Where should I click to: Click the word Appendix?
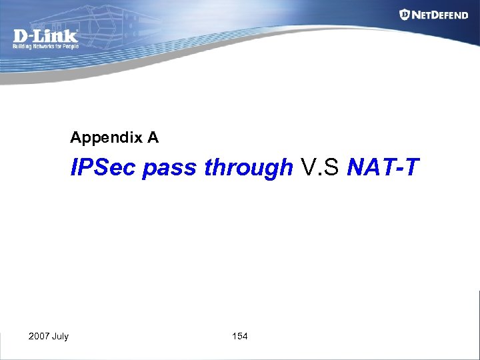pyautogui.click(x=105, y=138)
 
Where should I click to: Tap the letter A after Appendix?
pyautogui.click(x=153, y=137)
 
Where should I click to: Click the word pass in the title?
pyautogui.click(x=170, y=169)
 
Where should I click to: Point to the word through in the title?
pyautogui.click(x=248, y=169)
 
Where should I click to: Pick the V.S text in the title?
pyautogui.click(x=321, y=168)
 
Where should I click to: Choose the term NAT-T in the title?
pyautogui.click(x=383, y=168)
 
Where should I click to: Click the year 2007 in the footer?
pyautogui.click(x=39, y=336)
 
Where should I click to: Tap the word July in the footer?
pyautogui.click(x=61, y=336)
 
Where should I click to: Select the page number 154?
pyautogui.click(x=240, y=336)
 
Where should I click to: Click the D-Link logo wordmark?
pyautogui.click(x=45, y=37)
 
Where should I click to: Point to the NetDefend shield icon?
pyautogui.click(x=405, y=14)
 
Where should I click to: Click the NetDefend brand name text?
pyautogui.click(x=440, y=15)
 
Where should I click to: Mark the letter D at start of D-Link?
pyautogui.click(x=21, y=37)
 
